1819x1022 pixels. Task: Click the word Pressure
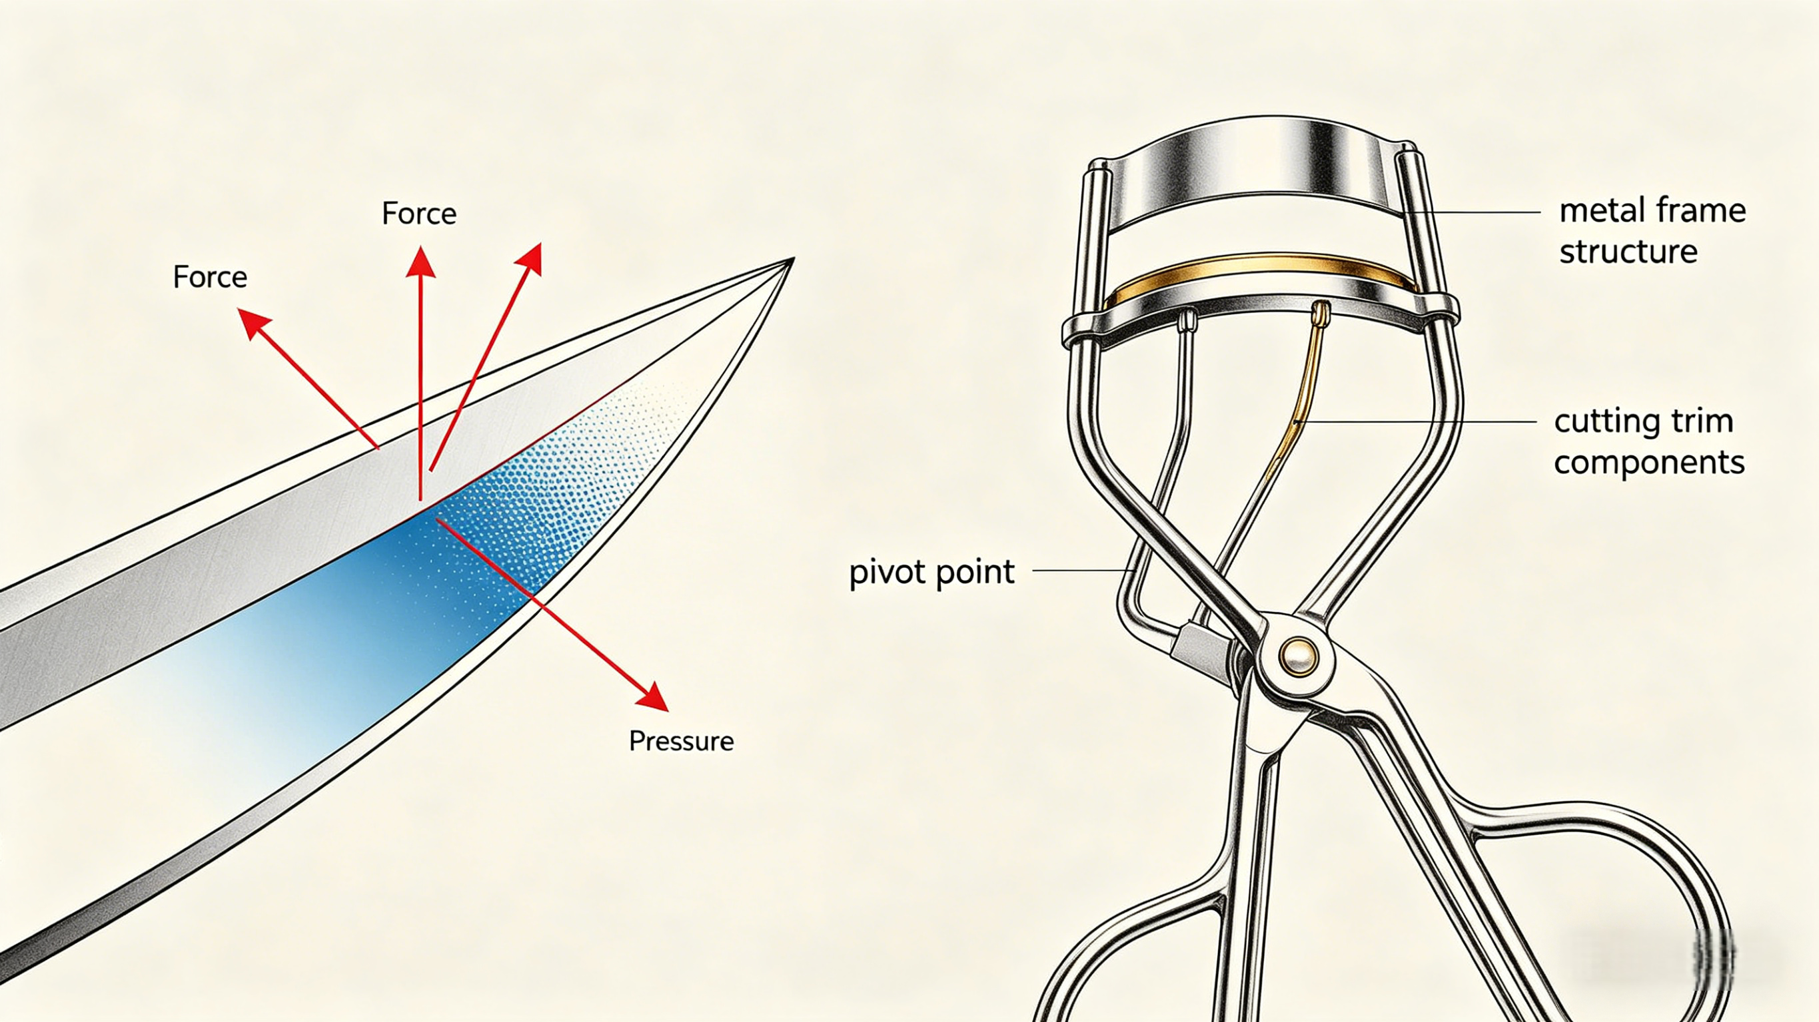682,741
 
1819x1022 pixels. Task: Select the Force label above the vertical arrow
420,213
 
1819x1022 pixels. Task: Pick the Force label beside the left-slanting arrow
211,277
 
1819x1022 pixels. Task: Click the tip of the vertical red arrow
420,246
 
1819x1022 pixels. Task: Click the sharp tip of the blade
794,259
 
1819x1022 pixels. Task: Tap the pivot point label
931,573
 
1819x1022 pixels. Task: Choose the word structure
1628,251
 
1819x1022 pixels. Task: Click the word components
1650,462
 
